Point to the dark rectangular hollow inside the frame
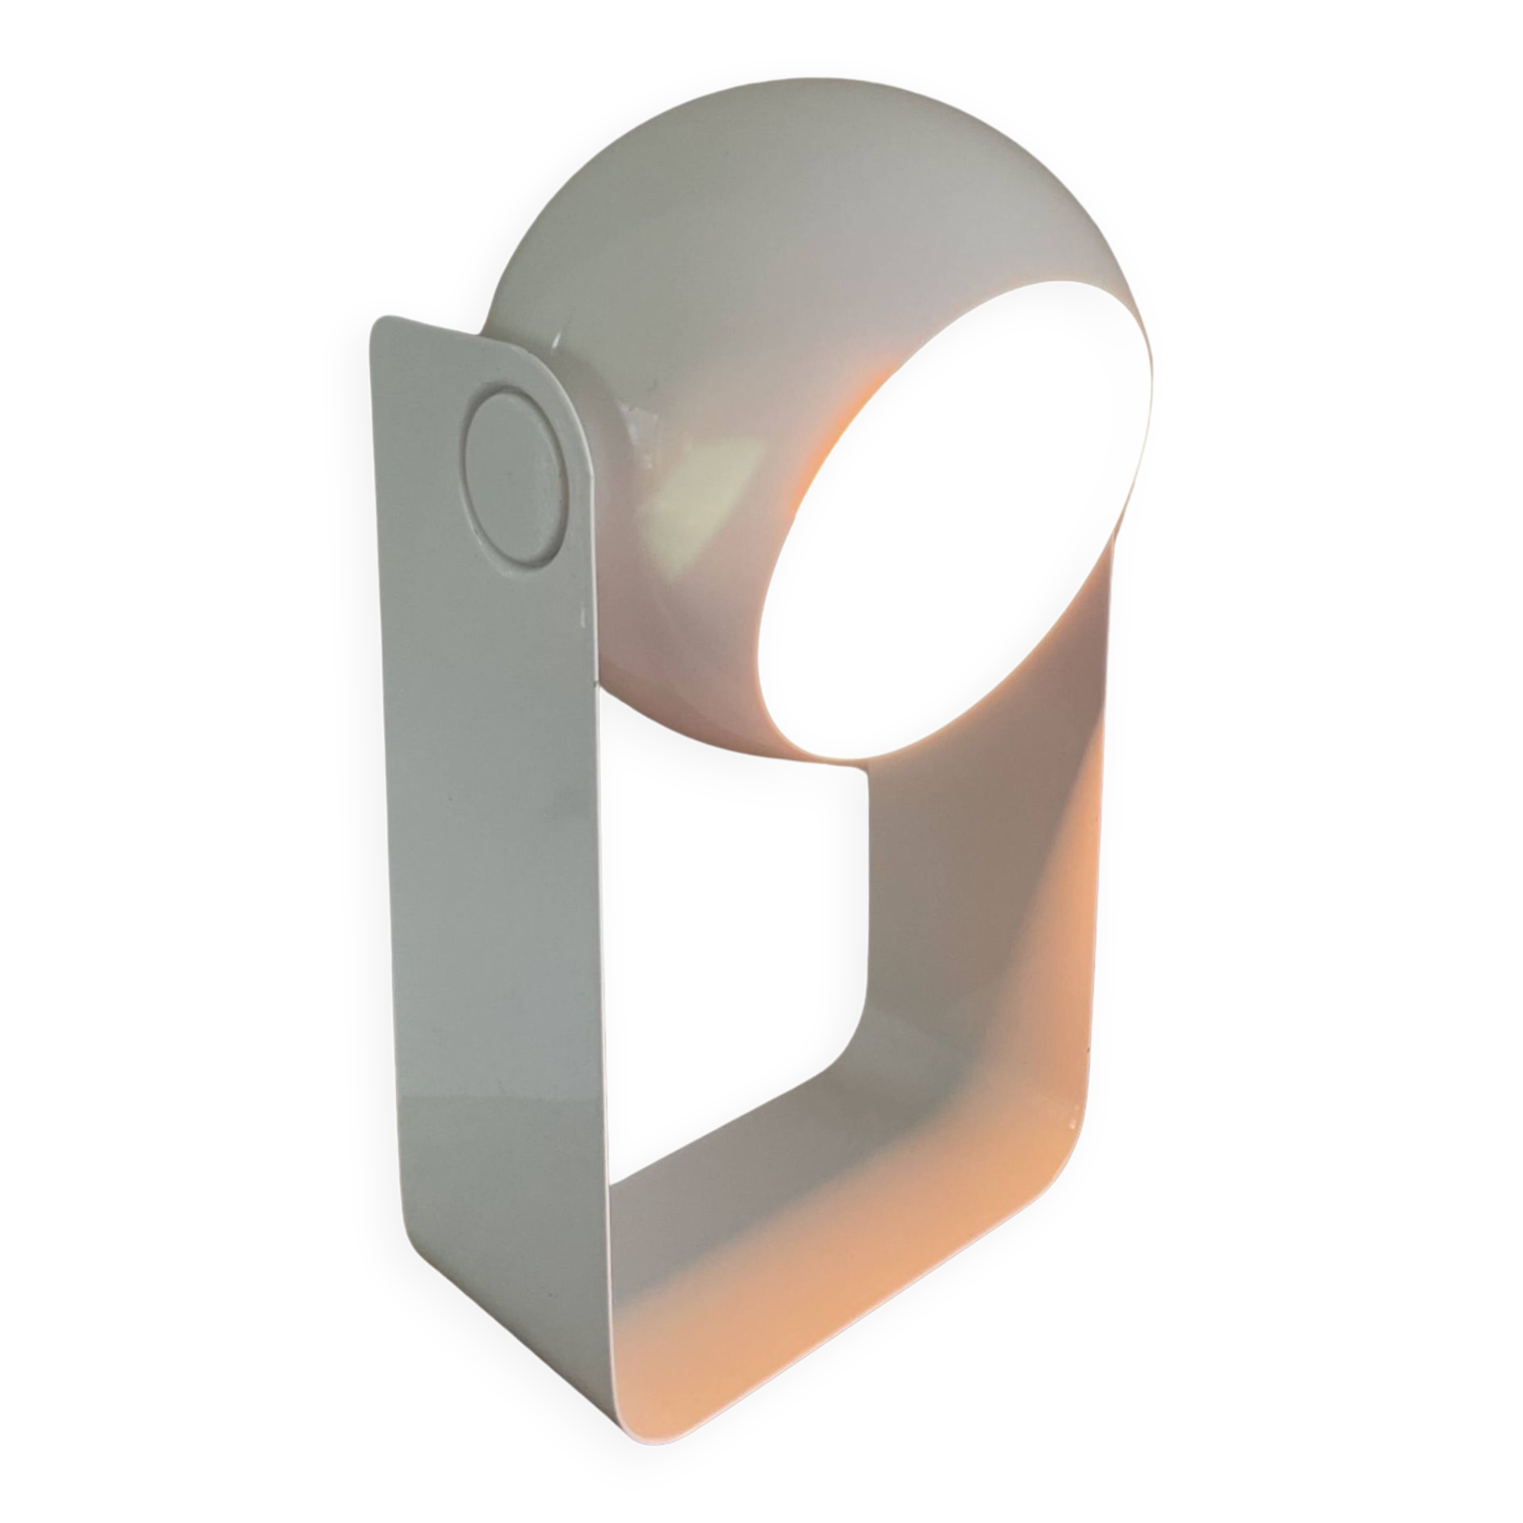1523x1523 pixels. pyautogui.click(x=733, y=946)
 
